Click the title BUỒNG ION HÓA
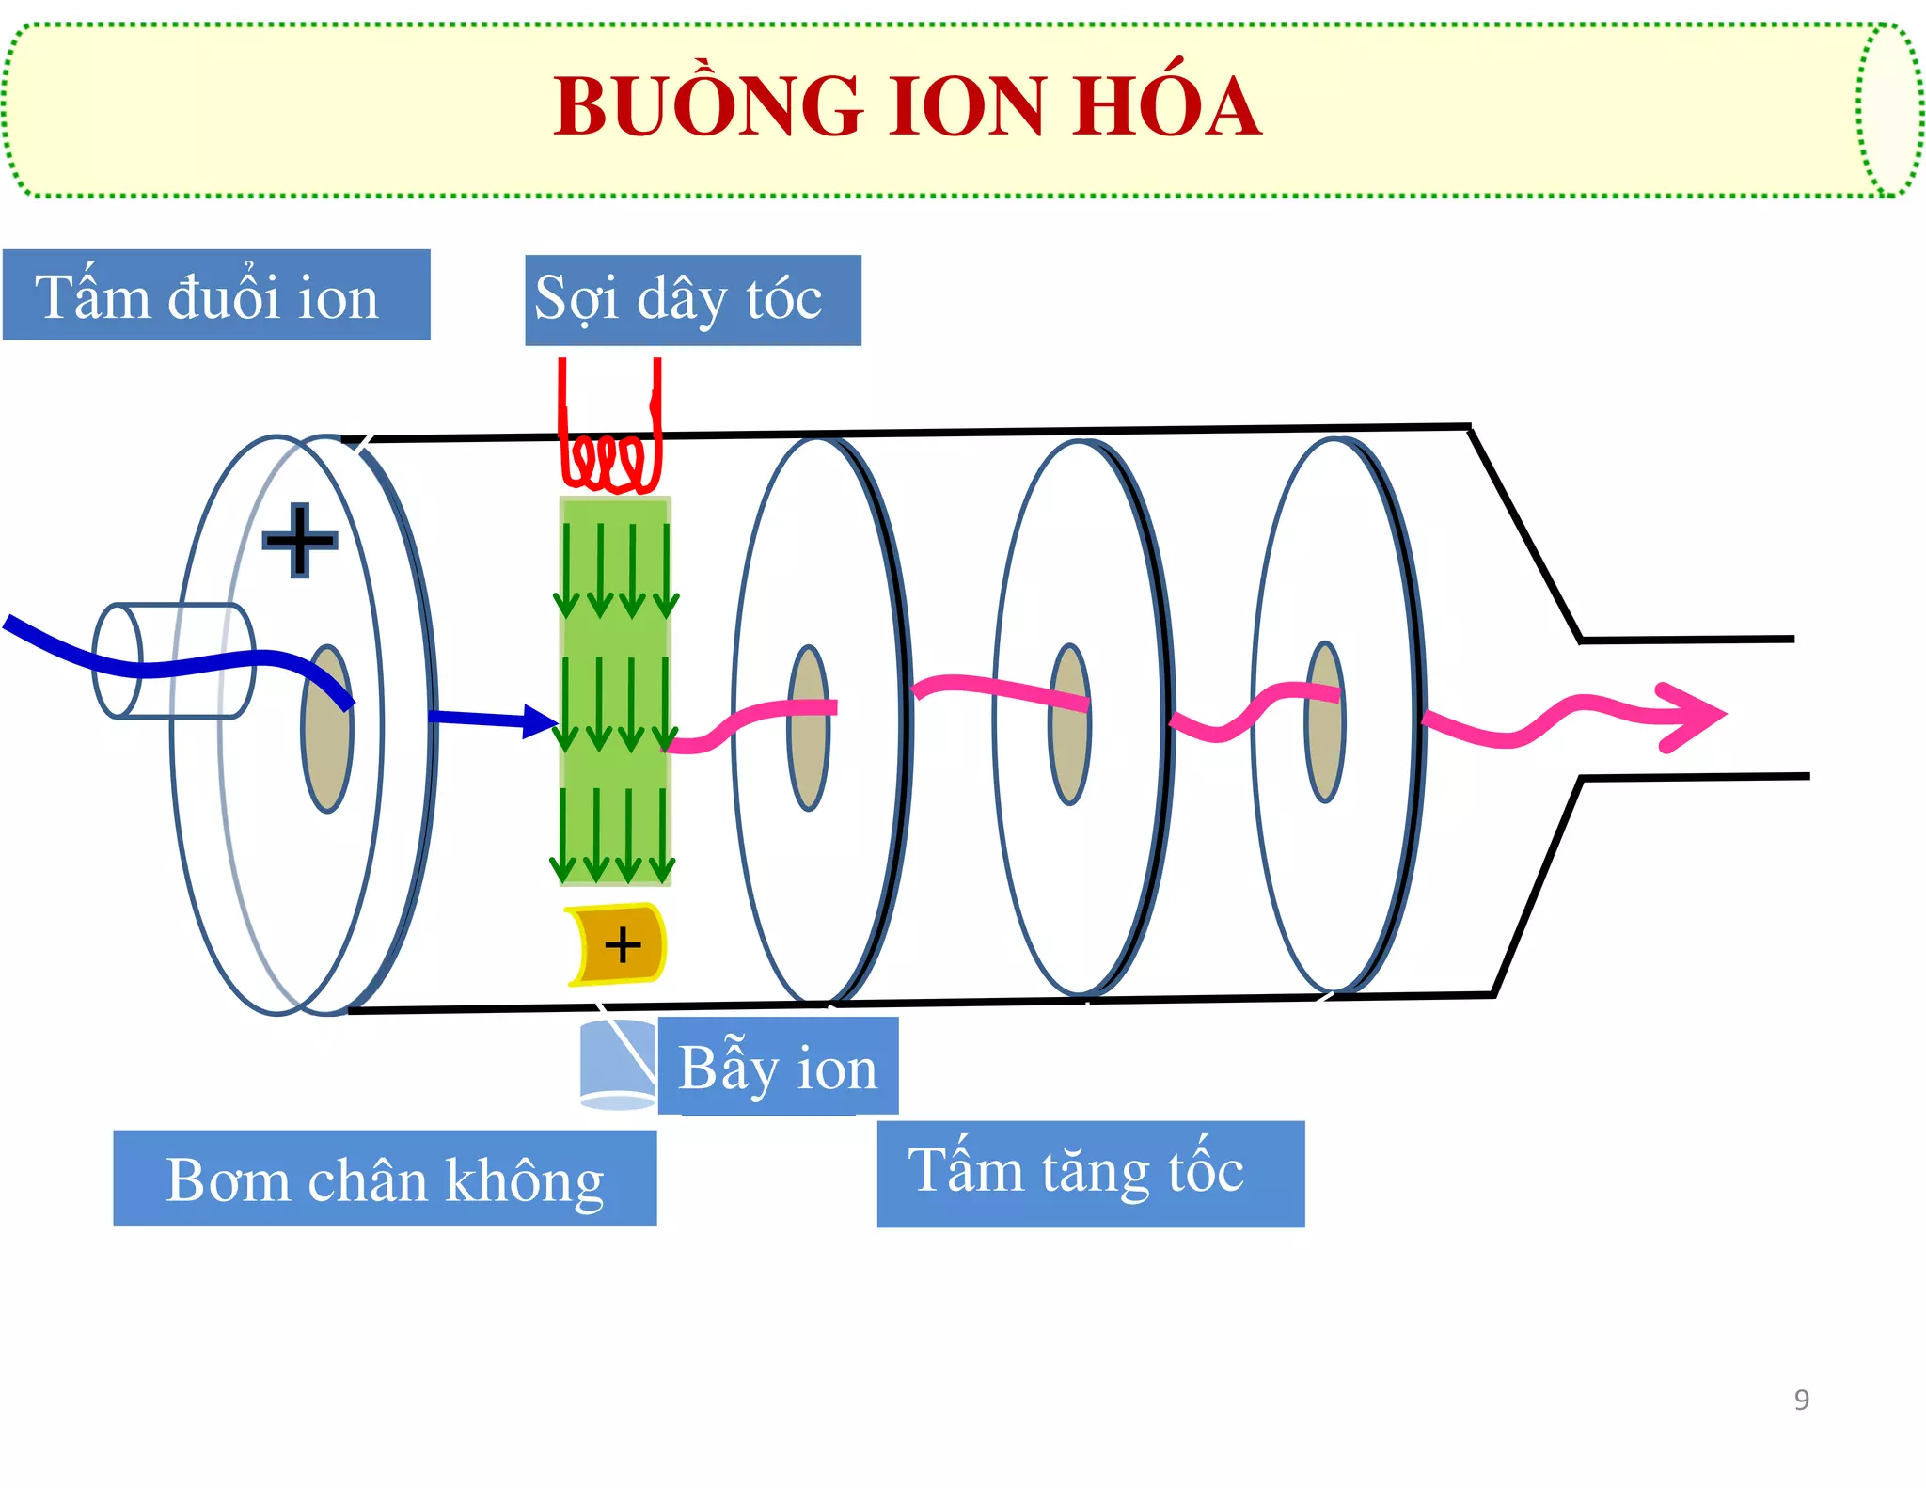click(x=907, y=106)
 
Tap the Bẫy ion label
click(x=778, y=1067)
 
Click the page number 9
click(x=1801, y=1400)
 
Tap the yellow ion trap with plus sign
click(x=618, y=944)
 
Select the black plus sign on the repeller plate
click(x=299, y=540)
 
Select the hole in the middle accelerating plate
click(x=1069, y=724)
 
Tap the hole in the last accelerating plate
click(x=1324, y=722)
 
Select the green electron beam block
click(x=616, y=691)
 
